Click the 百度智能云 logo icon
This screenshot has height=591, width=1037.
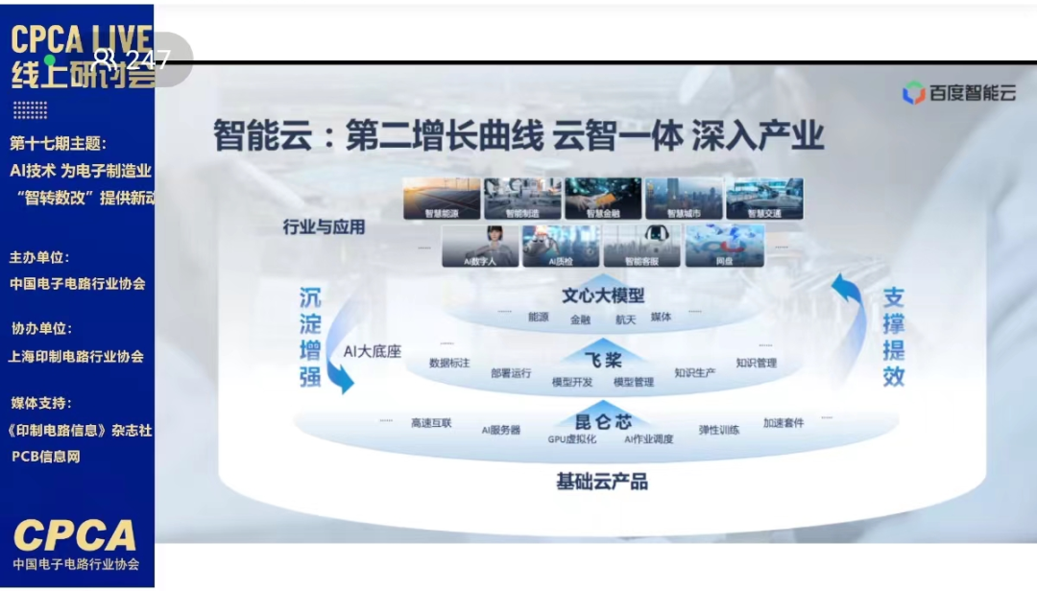pos(913,93)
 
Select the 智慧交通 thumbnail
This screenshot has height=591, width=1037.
pos(764,198)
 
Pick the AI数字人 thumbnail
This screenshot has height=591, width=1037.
pos(480,246)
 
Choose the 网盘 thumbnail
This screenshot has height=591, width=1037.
pos(725,246)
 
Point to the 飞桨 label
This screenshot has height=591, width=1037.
pos(603,360)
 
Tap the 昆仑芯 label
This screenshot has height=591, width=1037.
pos(603,421)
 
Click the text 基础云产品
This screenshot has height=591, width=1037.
pos(602,481)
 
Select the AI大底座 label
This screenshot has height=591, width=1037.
pos(373,351)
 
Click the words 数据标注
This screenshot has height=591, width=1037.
pos(449,364)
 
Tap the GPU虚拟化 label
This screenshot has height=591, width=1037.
pos(572,439)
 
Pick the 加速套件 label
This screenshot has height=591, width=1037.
pos(784,422)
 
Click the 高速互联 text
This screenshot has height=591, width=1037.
pos(431,422)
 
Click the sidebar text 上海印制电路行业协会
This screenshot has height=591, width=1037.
pos(76,356)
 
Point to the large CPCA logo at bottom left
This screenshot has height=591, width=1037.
pos(75,534)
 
